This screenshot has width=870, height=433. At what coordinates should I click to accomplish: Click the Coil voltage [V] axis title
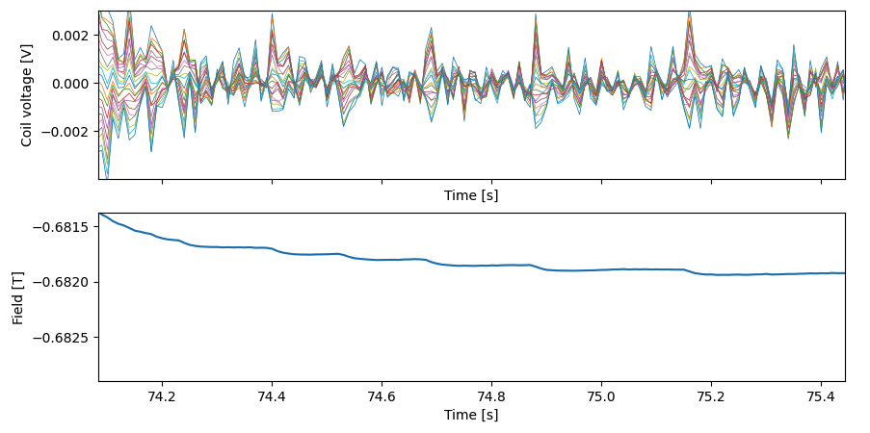pyautogui.click(x=27, y=95)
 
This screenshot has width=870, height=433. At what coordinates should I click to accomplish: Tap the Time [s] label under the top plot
pyautogui.click(x=471, y=195)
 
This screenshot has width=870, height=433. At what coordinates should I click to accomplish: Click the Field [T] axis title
pyautogui.click(x=18, y=297)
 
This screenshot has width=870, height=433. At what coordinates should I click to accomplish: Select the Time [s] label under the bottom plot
pyautogui.click(x=471, y=415)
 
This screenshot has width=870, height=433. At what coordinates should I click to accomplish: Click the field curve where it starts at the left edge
pyautogui.click(x=100, y=214)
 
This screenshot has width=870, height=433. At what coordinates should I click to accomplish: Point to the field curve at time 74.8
pyautogui.click(x=491, y=265)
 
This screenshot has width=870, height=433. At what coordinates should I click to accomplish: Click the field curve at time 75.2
pyautogui.click(x=711, y=274)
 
